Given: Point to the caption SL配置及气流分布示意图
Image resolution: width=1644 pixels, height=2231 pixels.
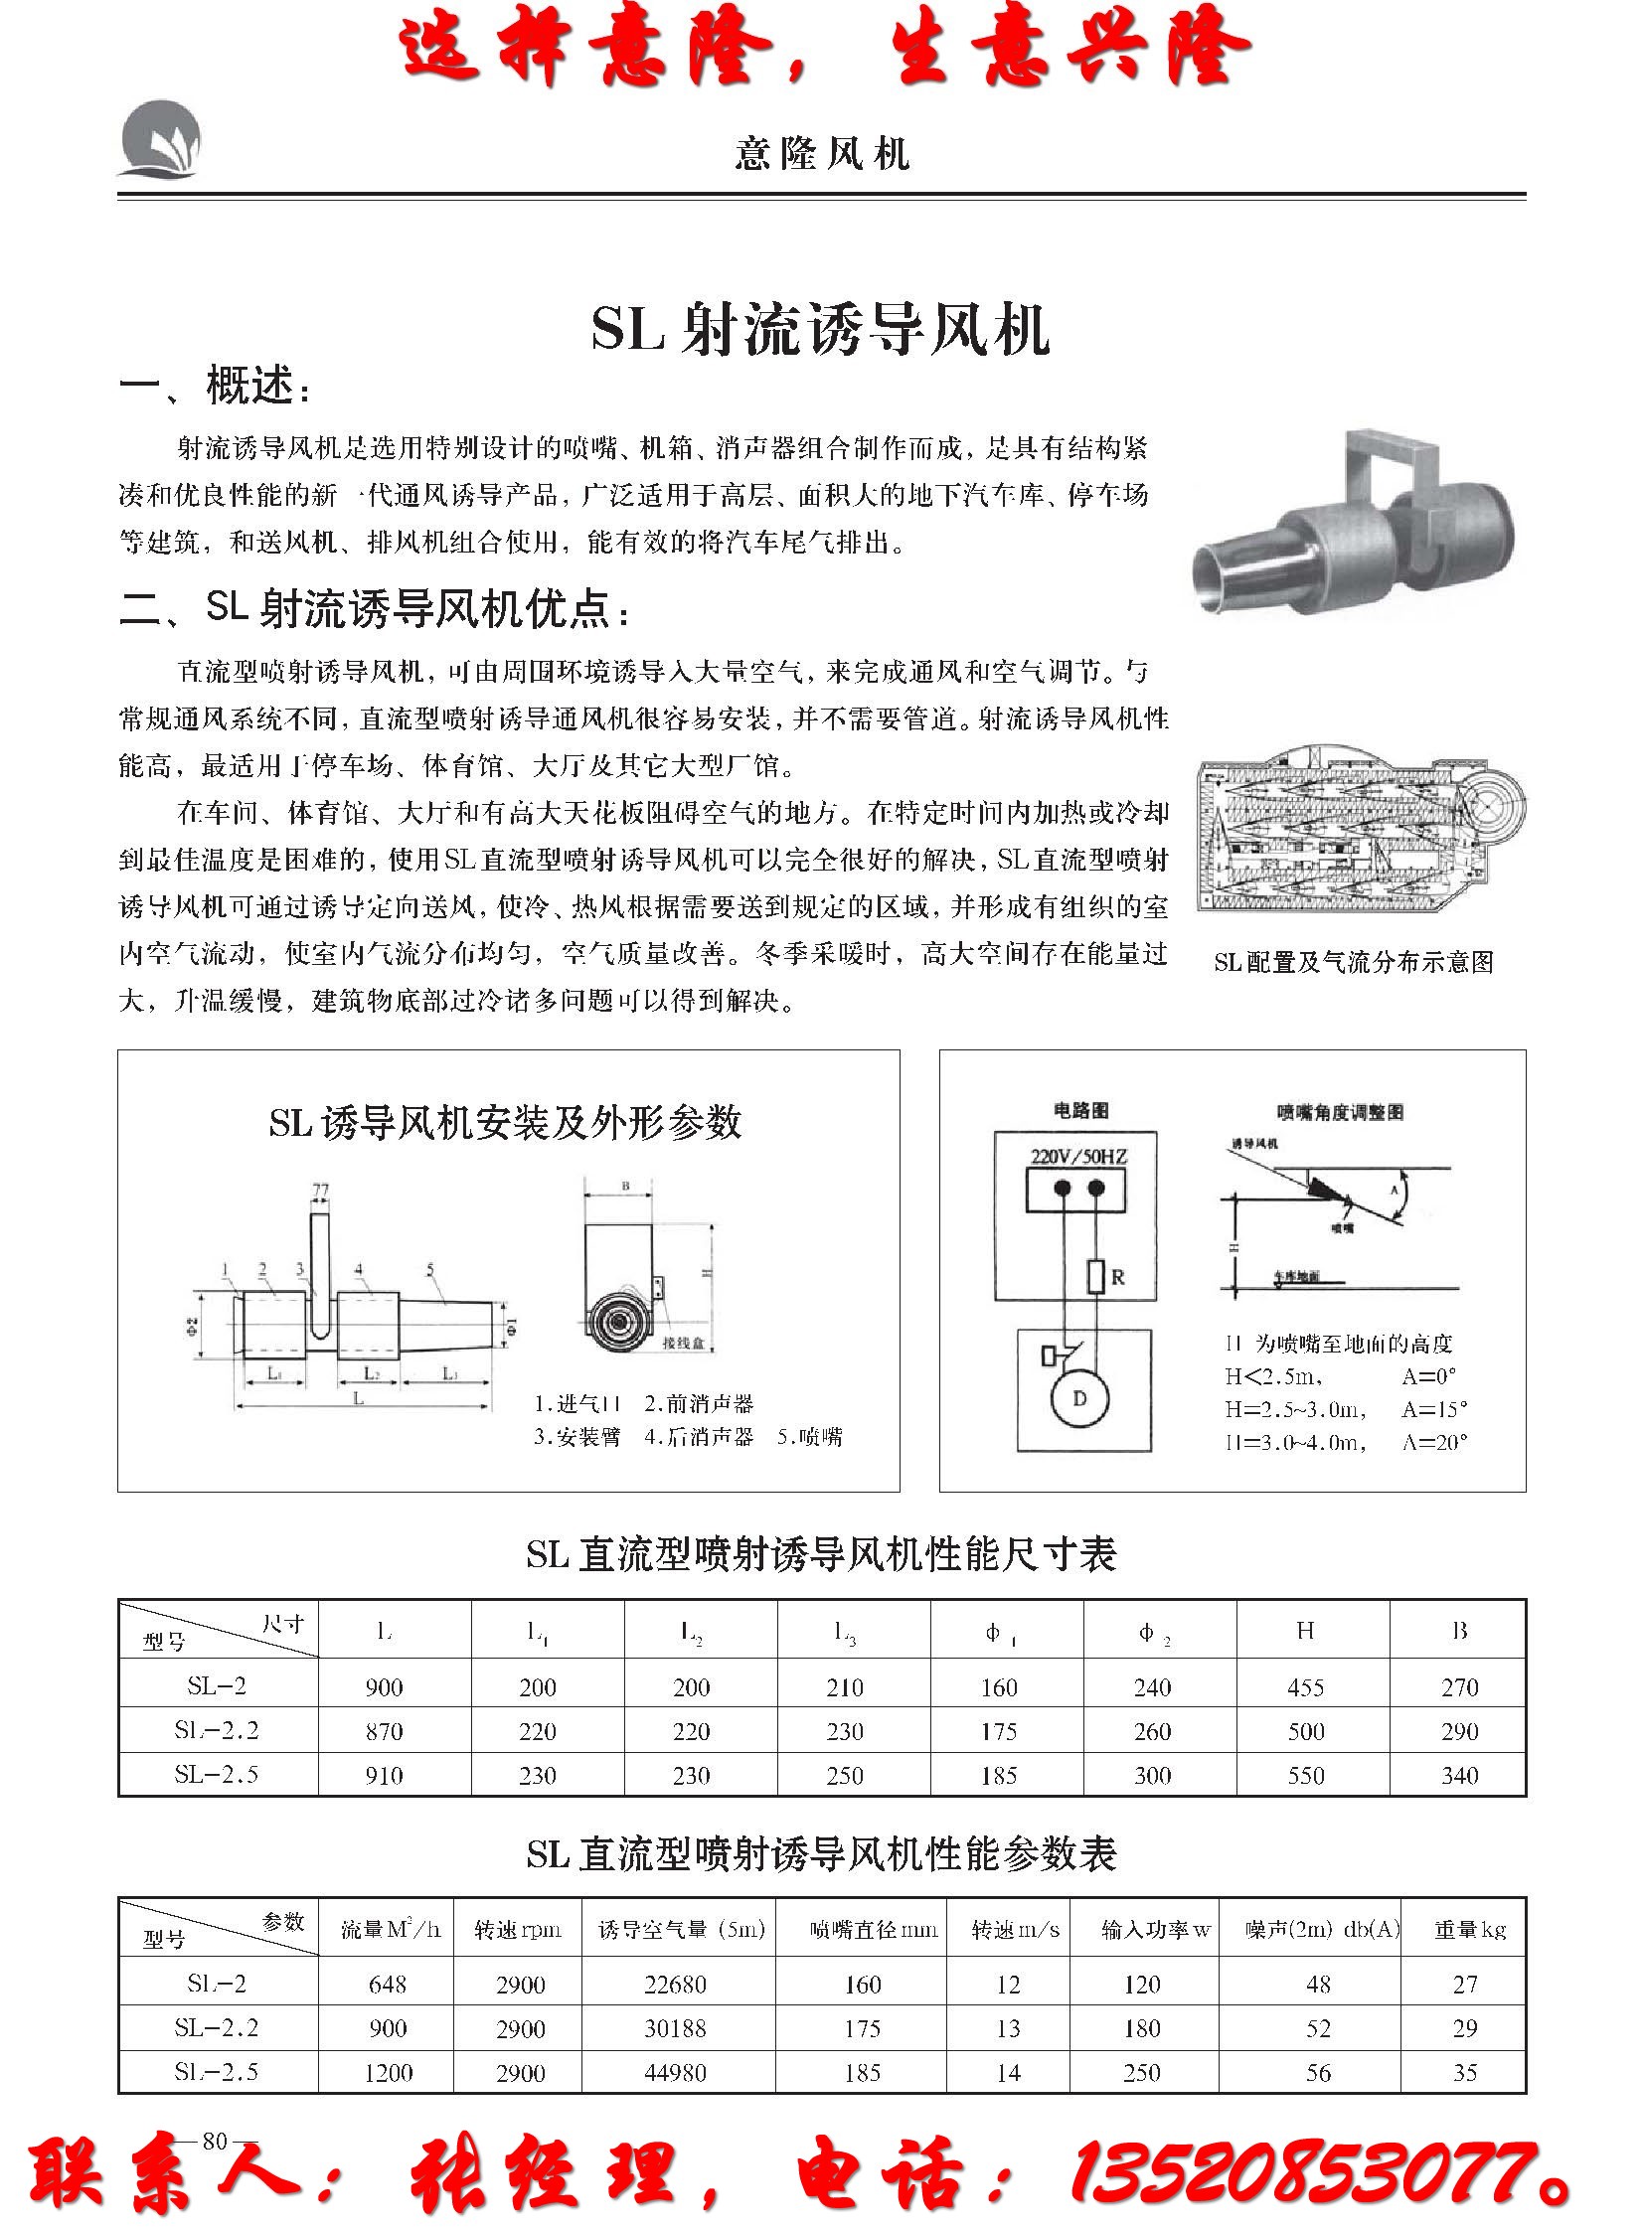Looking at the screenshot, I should click(x=1354, y=962).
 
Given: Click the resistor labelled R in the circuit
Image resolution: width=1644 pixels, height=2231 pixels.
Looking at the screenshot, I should click(x=1095, y=1277).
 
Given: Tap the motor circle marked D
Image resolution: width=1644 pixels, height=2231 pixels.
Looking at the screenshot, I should click(x=1079, y=1398).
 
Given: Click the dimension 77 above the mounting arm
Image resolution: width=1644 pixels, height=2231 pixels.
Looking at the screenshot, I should click(x=320, y=1191).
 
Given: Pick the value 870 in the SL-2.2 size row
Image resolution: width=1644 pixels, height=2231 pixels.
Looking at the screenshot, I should click(x=384, y=1731).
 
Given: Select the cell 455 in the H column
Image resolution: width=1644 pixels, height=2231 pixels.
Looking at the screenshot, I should click(x=1306, y=1687).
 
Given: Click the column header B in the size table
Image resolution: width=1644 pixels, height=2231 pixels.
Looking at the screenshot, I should click(x=1459, y=1631).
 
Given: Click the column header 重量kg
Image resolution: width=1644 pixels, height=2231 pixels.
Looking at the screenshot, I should click(x=1469, y=1930).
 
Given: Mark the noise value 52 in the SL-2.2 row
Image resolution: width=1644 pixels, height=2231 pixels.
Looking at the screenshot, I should click(x=1318, y=2028).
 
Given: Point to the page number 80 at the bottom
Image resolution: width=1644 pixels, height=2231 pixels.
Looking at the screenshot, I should click(x=215, y=2142).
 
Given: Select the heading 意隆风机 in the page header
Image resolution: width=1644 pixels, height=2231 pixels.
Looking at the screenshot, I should click(x=822, y=154).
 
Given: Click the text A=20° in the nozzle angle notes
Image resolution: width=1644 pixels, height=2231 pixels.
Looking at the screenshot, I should click(x=1434, y=1442).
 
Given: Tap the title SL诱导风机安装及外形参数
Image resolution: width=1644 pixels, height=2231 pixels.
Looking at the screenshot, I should click(x=506, y=1123).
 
